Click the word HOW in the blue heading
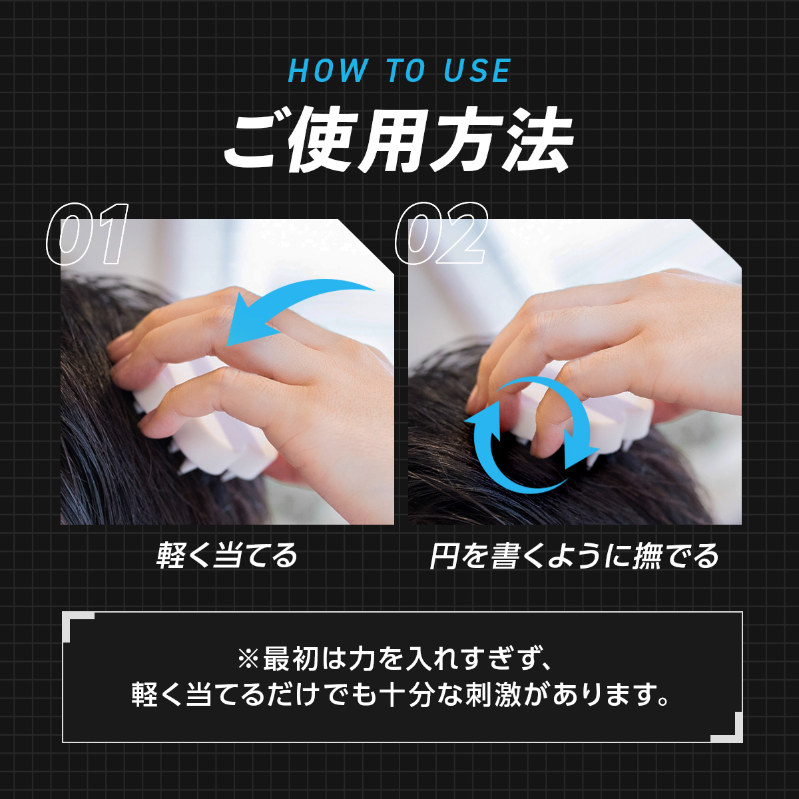click(x=328, y=71)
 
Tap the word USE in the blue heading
click(x=477, y=71)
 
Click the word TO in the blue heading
click(x=406, y=71)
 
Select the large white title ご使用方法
click(x=398, y=139)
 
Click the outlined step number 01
click(x=87, y=234)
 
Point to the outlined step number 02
click(x=441, y=234)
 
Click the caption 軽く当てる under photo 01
click(x=227, y=555)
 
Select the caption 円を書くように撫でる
click(x=574, y=555)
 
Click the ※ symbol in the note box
click(x=248, y=659)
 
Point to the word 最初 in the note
click(x=291, y=659)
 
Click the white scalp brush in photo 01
click(x=199, y=427)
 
